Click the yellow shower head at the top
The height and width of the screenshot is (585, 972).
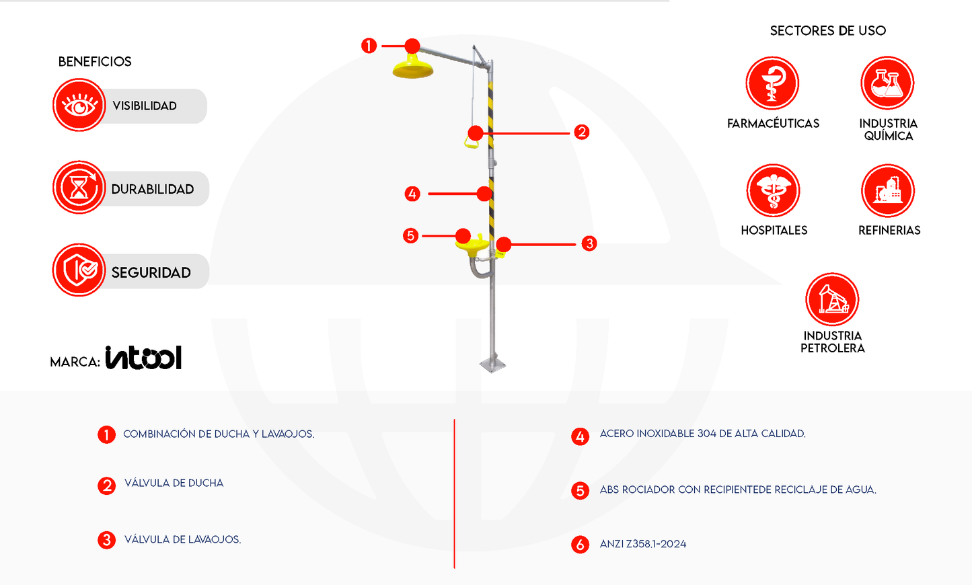[x=412, y=67]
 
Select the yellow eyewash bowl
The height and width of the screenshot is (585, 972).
[x=472, y=245]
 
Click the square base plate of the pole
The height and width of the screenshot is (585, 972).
[x=493, y=365]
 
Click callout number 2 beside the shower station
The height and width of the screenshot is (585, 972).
[x=581, y=132]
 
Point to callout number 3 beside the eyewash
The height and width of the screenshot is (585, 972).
[x=589, y=243]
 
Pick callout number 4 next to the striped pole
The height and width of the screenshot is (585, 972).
[x=412, y=194]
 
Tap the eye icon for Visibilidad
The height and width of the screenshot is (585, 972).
[x=79, y=105]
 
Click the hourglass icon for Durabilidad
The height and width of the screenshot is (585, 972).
[x=79, y=188]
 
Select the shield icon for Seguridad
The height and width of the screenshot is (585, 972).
[x=79, y=270]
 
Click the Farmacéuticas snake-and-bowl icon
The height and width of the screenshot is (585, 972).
[x=772, y=83]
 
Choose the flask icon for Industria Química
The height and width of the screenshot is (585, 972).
[x=887, y=83]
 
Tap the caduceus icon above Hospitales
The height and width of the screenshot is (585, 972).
[x=774, y=191]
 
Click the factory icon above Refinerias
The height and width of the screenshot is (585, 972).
[x=888, y=191]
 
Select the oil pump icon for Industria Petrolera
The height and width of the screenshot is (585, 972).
[x=832, y=299]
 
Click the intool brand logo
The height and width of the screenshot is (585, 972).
[x=144, y=357]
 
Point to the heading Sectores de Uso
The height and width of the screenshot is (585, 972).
[x=828, y=31]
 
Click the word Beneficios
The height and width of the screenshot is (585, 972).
[x=95, y=62]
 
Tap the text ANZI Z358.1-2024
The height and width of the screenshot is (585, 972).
[x=643, y=544]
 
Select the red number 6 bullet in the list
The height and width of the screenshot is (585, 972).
[x=580, y=545]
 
